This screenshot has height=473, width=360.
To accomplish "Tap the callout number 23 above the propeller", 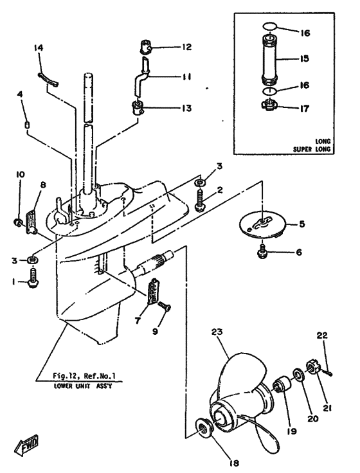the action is point(217,332).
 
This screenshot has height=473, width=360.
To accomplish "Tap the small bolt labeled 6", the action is point(262,252).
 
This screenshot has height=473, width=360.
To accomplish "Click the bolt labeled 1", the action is point(33,278).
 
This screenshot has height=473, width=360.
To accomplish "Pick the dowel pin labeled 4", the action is point(27,124).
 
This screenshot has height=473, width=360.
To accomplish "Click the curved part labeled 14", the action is point(48,80).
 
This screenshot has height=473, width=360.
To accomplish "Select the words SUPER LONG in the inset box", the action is point(312,149).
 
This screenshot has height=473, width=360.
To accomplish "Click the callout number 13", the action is point(186,108).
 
